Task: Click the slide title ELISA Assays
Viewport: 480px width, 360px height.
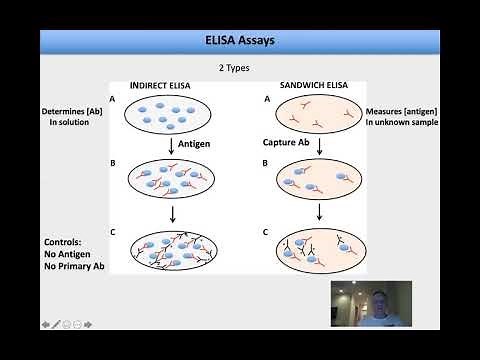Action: (239, 41)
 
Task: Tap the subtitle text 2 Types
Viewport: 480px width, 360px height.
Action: (239, 67)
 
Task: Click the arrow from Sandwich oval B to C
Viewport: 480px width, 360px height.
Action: (319, 213)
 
